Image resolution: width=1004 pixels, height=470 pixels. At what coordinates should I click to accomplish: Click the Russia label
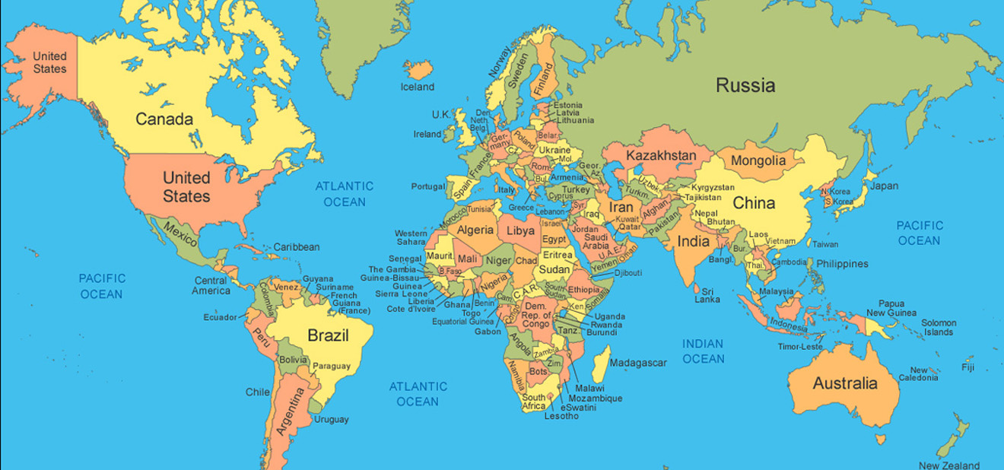point(745,85)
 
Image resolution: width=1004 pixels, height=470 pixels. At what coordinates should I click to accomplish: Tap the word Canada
point(164,119)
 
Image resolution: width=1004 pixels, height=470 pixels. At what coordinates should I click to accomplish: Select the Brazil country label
point(328,335)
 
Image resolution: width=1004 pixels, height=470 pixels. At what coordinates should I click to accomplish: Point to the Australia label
point(844,383)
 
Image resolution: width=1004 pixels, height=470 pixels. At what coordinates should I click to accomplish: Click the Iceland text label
point(418,87)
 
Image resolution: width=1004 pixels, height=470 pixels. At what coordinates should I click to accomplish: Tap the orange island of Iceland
point(418,71)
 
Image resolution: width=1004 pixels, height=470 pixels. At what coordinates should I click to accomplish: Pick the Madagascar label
point(637,363)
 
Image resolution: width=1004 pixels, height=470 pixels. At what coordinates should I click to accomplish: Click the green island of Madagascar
point(600,365)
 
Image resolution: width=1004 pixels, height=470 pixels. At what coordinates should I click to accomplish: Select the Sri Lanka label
point(707,295)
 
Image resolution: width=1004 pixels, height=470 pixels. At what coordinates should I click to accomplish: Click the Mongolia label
point(758,160)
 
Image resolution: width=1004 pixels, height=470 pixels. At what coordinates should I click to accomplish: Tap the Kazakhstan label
point(661,156)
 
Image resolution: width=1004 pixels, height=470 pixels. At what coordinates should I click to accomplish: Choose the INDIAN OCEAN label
point(703,351)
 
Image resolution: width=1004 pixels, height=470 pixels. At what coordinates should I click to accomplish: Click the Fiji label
point(967,367)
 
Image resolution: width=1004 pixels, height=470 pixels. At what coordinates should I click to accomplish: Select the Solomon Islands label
point(939,328)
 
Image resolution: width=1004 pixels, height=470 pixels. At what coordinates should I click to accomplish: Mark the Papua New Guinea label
point(891,308)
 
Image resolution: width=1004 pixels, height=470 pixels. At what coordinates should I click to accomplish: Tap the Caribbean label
point(296,247)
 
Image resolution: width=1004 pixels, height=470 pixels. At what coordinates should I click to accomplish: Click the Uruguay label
point(331,419)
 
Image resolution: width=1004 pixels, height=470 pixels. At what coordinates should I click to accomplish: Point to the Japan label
point(884,186)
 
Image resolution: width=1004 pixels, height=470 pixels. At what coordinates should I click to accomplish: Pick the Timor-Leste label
point(799,347)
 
